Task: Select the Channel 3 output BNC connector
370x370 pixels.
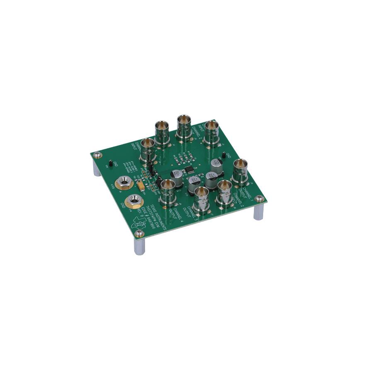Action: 202,198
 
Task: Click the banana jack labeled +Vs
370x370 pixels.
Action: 123,182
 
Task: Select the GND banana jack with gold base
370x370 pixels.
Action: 134,202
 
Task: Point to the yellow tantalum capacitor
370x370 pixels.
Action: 143,185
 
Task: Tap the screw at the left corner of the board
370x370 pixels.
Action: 97,156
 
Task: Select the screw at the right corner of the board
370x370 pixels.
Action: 259,199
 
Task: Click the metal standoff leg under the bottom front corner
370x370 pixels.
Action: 139,246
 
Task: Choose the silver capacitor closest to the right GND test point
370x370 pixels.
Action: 216,164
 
